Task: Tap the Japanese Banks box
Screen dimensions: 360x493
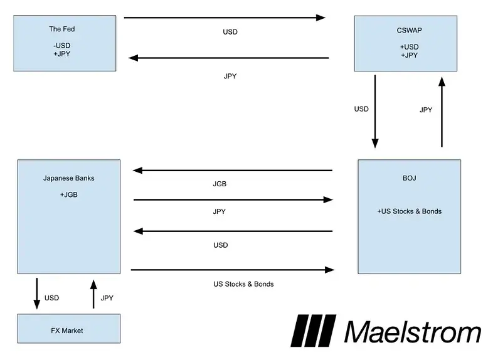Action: pos(68,216)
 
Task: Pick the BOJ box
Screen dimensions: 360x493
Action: pos(410,216)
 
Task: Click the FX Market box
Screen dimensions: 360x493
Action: pos(67,329)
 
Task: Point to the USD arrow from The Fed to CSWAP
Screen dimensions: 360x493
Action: pos(226,18)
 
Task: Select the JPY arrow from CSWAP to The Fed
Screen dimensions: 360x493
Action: pos(229,58)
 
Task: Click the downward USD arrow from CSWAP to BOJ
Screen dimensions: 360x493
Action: pos(376,111)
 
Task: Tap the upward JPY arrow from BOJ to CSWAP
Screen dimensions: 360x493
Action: pos(442,111)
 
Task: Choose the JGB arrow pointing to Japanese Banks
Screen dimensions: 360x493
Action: pos(232,171)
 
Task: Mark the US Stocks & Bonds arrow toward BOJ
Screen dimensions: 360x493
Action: pos(232,270)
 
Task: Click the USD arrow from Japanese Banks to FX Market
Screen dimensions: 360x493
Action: pos(36,293)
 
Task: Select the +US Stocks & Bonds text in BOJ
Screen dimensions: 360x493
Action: pos(409,211)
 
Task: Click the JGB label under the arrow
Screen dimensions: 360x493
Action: pos(220,184)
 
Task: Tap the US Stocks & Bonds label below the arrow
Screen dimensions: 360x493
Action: pos(243,284)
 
